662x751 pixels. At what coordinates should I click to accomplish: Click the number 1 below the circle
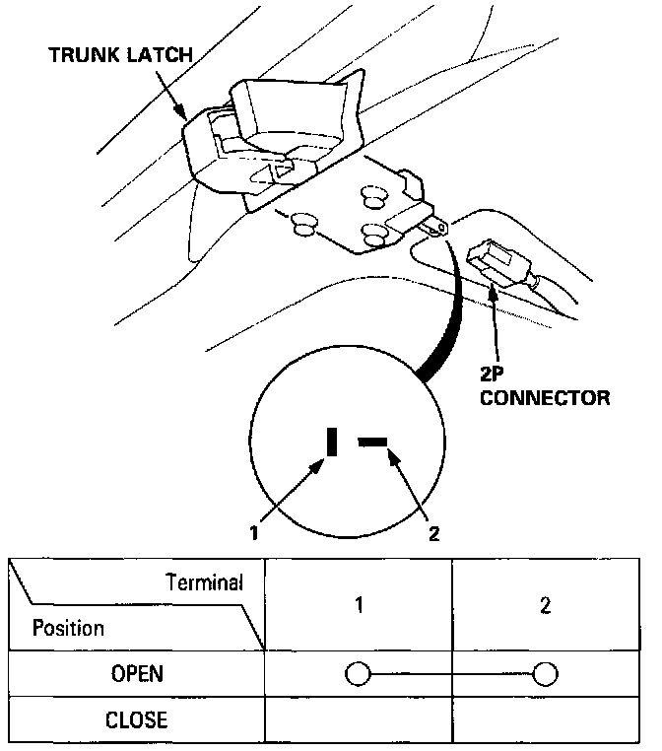254,533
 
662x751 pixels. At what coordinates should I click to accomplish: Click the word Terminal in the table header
204,582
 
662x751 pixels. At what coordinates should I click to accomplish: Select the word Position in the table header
68,628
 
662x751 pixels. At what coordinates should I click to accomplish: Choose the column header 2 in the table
545,605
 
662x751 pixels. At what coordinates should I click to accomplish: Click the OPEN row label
137,675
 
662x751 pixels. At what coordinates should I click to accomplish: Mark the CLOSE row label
137,719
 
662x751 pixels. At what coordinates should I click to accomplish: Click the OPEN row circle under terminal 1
358,675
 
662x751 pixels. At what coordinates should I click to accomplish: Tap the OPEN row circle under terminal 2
545,675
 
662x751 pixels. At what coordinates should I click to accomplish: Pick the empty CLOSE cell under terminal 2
545,719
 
